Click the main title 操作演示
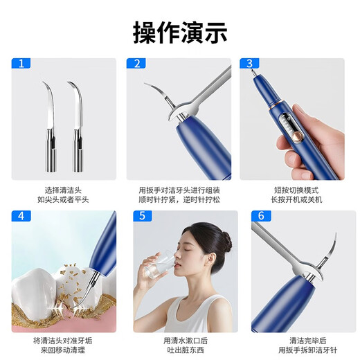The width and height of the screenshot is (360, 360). pyautogui.click(x=179, y=32)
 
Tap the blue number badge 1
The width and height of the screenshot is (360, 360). pyautogui.click(x=21, y=63)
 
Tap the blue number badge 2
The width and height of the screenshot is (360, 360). pyautogui.click(x=136, y=63)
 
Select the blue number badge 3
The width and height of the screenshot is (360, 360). pyautogui.click(x=249, y=63)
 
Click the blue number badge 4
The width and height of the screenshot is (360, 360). pyautogui.click(x=21, y=215)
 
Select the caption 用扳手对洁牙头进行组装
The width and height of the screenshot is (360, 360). pyautogui.click(x=179, y=188)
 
